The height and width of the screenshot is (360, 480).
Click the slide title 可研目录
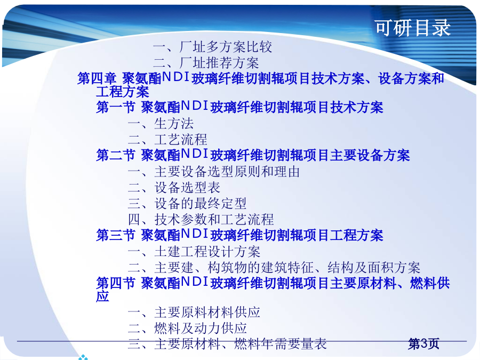tap(413, 28)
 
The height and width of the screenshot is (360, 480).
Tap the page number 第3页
tap(423, 343)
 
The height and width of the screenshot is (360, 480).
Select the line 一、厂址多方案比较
tap(212, 47)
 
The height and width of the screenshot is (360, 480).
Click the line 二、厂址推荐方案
tap(206, 63)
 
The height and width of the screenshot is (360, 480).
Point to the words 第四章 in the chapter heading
tap(97, 78)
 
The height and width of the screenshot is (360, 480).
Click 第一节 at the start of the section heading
tap(116, 107)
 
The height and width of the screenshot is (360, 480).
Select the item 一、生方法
tap(161, 123)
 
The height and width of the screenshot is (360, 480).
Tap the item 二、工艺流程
tap(167, 139)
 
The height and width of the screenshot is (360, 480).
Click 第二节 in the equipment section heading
tap(116, 155)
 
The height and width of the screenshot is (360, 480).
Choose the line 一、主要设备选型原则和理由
tap(214, 171)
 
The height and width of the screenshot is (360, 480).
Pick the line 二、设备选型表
tap(174, 187)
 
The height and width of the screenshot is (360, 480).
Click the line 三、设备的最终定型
tap(187, 203)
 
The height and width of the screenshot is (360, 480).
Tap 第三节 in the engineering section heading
tap(116, 235)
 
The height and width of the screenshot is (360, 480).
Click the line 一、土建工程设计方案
tap(194, 252)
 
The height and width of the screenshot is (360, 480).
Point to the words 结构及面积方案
tap(374, 268)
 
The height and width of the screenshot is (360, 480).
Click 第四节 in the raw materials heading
tap(116, 283)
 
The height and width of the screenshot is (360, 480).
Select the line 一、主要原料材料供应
tap(194, 312)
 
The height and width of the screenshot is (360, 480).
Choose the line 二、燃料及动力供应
tap(187, 328)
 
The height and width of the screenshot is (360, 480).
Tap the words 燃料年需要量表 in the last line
tap(281, 343)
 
